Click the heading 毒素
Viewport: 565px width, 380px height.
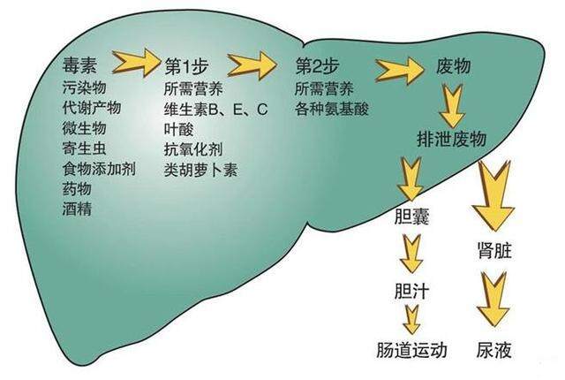(80, 65)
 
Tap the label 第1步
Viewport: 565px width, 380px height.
(186, 66)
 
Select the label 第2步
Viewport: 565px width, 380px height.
(318, 66)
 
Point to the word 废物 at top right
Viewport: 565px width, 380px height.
(453, 66)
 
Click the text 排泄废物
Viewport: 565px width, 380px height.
(452, 139)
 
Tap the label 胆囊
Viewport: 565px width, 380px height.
(412, 217)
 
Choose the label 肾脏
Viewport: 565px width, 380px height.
(494, 250)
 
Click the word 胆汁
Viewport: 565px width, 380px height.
(412, 292)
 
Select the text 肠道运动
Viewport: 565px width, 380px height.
(412, 350)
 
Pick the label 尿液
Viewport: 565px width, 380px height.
(494, 350)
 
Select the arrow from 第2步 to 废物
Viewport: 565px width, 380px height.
(400, 71)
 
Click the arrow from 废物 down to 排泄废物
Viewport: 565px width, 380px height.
(453, 105)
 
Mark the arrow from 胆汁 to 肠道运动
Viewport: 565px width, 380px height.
(412, 320)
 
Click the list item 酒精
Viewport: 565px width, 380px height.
(77, 209)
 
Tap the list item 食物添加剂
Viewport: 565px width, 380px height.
(99, 169)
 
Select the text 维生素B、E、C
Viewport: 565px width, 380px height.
(215, 109)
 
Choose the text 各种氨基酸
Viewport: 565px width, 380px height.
(332, 109)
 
